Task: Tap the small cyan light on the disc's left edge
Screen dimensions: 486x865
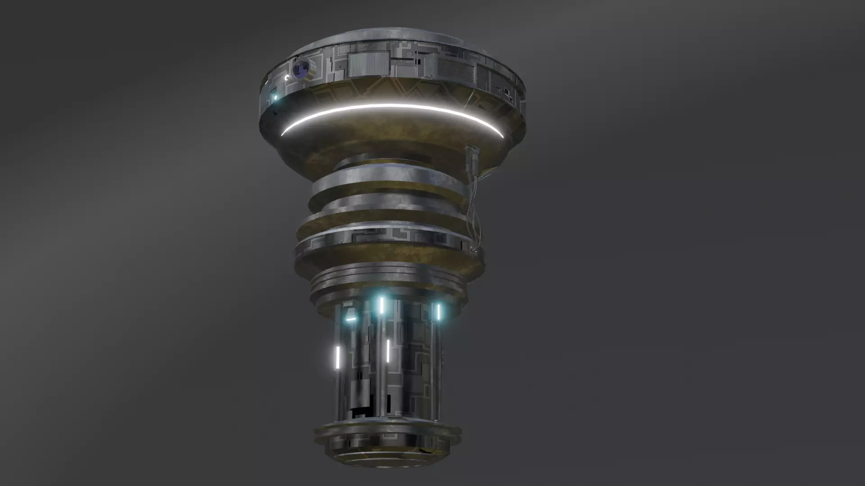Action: [275, 97]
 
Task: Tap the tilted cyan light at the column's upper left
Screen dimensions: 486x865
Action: [351, 319]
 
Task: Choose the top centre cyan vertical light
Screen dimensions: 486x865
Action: [381, 305]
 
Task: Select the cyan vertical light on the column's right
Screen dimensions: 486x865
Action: [438, 311]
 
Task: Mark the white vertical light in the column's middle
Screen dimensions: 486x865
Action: [387, 351]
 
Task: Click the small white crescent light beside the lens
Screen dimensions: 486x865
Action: [287, 78]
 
